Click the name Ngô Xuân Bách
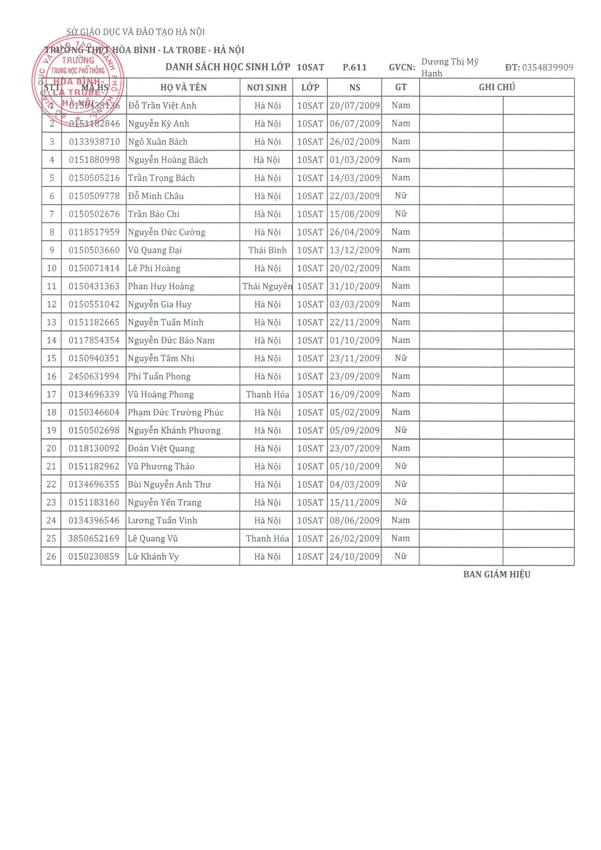point(158,142)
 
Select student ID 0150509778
point(94,196)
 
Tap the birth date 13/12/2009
point(354,250)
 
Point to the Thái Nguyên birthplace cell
point(267,286)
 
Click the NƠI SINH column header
point(267,88)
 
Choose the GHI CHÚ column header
point(497,87)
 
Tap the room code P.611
point(354,67)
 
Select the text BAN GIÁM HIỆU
point(497,574)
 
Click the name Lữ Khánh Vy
point(153,556)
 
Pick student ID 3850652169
point(94,538)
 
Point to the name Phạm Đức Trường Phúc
point(176,412)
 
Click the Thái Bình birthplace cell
point(267,250)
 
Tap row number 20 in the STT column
point(51,448)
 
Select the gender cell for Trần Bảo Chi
point(401,213)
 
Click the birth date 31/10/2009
point(354,286)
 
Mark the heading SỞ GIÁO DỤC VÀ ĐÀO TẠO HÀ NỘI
point(135,32)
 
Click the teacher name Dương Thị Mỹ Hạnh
point(450,67)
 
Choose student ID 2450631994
point(94,377)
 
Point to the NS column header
point(354,88)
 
